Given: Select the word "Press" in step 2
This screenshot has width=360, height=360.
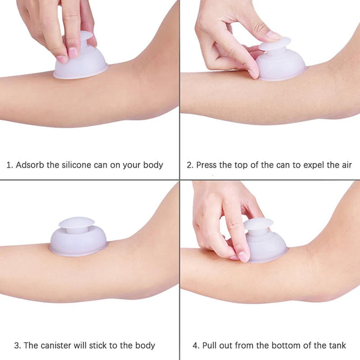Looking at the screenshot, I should [x=207, y=165].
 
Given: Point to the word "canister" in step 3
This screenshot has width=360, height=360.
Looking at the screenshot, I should [x=58, y=346].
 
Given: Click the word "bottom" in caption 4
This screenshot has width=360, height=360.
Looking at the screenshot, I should [x=283, y=346].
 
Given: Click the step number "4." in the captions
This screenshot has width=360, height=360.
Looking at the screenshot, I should [x=196, y=346].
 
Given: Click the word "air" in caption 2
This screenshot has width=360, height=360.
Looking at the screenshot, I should [x=346, y=165].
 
